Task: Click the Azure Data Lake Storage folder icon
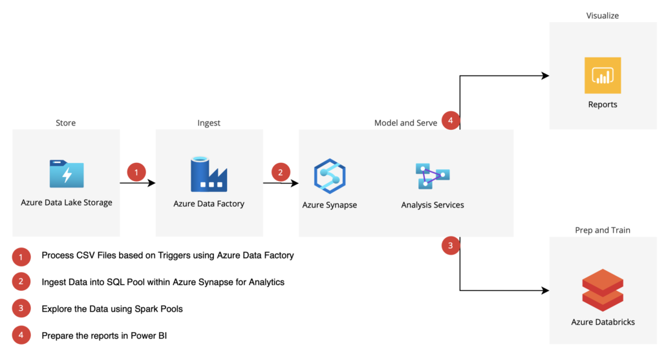(67, 174)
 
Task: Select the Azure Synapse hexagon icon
(330, 176)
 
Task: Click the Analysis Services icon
(433, 175)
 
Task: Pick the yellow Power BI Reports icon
(602, 75)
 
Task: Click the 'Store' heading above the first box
(66, 123)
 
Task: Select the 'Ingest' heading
(209, 123)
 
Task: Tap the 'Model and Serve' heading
(405, 123)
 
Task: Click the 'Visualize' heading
(603, 15)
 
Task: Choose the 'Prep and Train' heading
(603, 230)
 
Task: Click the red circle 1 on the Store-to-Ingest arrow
(136, 173)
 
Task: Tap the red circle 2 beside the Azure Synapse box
(280, 173)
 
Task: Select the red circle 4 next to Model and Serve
(451, 120)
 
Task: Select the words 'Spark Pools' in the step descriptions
(158, 309)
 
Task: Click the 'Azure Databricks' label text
(602, 322)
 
